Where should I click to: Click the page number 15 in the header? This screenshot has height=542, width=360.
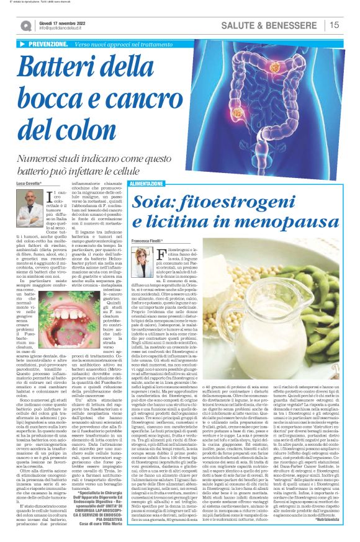point(334,25)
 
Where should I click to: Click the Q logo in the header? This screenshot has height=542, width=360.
point(27,25)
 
